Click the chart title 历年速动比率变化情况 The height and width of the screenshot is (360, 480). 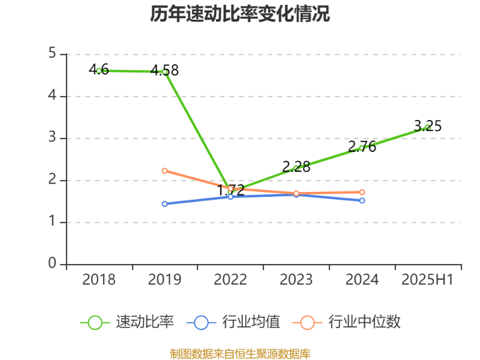(240, 14)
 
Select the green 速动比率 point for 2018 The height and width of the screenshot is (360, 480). (99, 71)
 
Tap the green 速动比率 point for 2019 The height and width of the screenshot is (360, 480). (164, 72)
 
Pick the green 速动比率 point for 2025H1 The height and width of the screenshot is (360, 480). (428, 127)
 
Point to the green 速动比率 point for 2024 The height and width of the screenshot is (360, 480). (362, 148)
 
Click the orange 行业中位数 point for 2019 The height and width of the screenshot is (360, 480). (164, 171)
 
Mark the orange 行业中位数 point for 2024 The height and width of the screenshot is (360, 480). (362, 193)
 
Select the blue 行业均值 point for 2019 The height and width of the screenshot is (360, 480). (164, 204)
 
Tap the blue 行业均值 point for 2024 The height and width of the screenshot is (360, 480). (362, 200)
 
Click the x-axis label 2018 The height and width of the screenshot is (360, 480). (99, 280)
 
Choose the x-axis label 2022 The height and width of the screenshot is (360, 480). (230, 280)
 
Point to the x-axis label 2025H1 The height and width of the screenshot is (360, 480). (428, 280)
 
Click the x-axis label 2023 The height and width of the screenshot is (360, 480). (296, 280)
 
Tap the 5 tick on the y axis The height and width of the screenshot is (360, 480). (52, 54)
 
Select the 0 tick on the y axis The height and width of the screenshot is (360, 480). (52, 264)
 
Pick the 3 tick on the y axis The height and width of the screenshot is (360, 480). (52, 138)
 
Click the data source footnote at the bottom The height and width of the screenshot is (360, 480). (240, 353)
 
